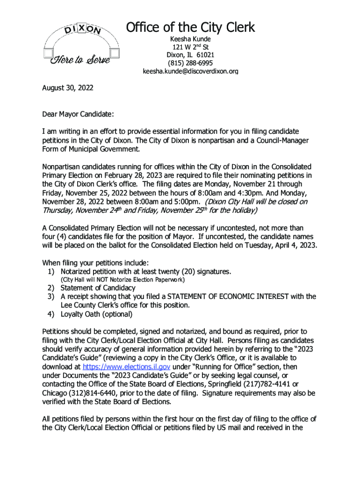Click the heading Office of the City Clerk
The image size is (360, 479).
coord(190,28)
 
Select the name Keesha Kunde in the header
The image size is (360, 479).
coord(190,39)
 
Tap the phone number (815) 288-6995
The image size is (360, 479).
coord(190,63)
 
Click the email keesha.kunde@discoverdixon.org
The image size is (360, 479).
coord(190,72)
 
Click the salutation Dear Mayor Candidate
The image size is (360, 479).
coord(78,114)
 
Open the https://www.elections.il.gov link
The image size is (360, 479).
coord(127,367)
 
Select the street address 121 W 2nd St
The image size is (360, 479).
coord(190,47)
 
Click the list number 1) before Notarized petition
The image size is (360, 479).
coord(51,271)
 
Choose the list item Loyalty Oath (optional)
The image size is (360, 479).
coord(96,314)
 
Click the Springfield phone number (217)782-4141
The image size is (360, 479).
coord(269,385)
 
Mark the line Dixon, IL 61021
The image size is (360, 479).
coord(190,55)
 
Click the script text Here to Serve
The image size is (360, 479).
coord(80,60)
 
